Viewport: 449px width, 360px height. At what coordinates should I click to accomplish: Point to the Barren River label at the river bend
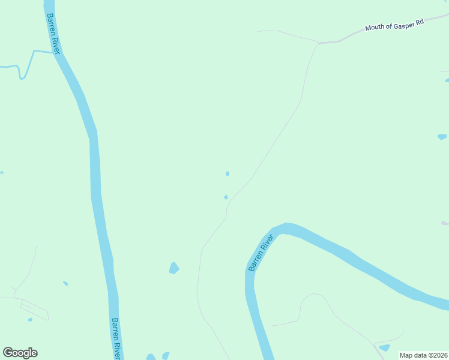[261, 252]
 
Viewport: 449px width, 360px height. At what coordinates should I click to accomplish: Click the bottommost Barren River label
[116, 337]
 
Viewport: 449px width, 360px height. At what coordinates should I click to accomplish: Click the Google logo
[20, 353]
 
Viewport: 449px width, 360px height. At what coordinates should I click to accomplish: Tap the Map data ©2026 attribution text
[424, 355]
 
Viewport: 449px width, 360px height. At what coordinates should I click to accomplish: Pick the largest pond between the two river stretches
[174, 268]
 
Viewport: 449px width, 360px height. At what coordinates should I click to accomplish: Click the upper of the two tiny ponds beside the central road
[228, 173]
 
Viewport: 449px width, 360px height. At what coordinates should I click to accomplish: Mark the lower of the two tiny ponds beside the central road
[226, 197]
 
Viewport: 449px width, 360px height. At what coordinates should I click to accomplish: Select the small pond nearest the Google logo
[30, 319]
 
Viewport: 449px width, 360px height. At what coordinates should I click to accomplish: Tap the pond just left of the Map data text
[384, 347]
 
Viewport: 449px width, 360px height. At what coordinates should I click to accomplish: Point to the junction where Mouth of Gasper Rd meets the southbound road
[318, 43]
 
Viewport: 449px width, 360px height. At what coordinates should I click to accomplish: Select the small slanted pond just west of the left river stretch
[65, 283]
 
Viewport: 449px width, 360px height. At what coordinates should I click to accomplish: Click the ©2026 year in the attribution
[436, 355]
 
